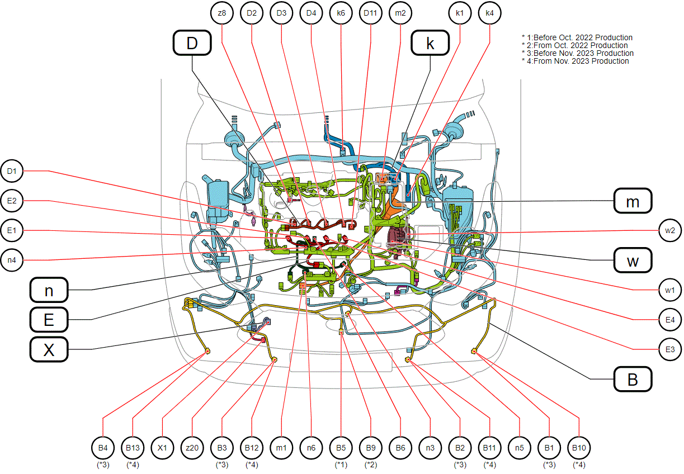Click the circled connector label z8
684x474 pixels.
pyautogui.click(x=221, y=13)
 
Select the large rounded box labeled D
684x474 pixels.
pyautogui.click(x=192, y=42)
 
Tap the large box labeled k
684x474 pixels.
pyautogui.click(x=430, y=42)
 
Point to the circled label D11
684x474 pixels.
pyautogui.click(x=370, y=13)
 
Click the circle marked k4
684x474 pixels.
pyautogui.click(x=489, y=13)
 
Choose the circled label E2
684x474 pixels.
pyautogui.click(x=12, y=201)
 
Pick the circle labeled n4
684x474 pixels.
pyautogui.click(x=12, y=260)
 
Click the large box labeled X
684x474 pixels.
pyautogui.click(x=49, y=349)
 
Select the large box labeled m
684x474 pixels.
pyautogui.click(x=633, y=201)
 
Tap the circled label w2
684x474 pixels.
pyautogui.click(x=670, y=230)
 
